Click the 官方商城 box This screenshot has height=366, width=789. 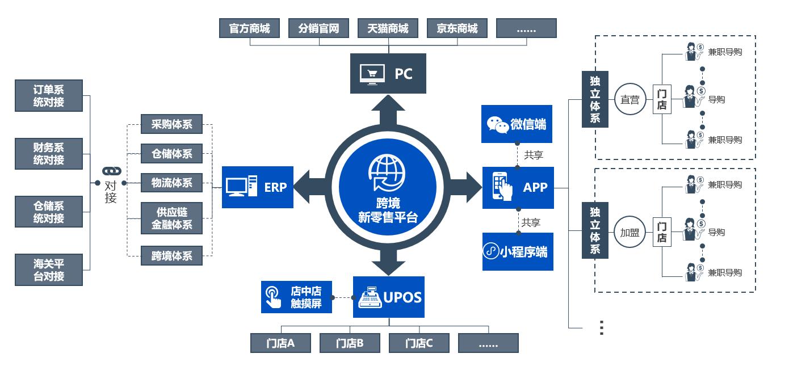pyautogui.click(x=249, y=28)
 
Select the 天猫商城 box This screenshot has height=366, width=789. pyautogui.click(x=388, y=28)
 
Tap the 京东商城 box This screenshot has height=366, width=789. pyautogui.click(x=457, y=28)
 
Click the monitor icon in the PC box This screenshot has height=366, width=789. pyautogui.click(x=372, y=74)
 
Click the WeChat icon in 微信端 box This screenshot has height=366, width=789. pyautogui.click(x=498, y=124)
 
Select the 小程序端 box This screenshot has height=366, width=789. pyautogui.click(x=517, y=251)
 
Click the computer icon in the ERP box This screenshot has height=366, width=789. pyautogui.click(x=241, y=187)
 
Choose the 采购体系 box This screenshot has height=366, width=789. pyautogui.click(x=171, y=124)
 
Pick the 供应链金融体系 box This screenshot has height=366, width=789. pyautogui.click(x=171, y=218)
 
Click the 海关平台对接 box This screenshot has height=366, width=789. pyautogui.click(x=49, y=270)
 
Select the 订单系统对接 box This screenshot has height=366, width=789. pyautogui.click(x=49, y=95)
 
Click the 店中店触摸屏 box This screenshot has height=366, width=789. pyautogui.click(x=296, y=297)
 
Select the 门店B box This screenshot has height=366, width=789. pyautogui.click(x=350, y=343)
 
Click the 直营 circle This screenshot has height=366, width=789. pyautogui.click(x=629, y=99)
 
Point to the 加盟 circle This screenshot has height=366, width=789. pyautogui.click(x=629, y=233)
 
